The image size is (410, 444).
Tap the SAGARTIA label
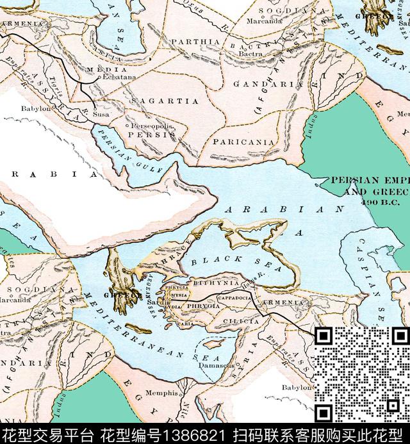tap(165, 101)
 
